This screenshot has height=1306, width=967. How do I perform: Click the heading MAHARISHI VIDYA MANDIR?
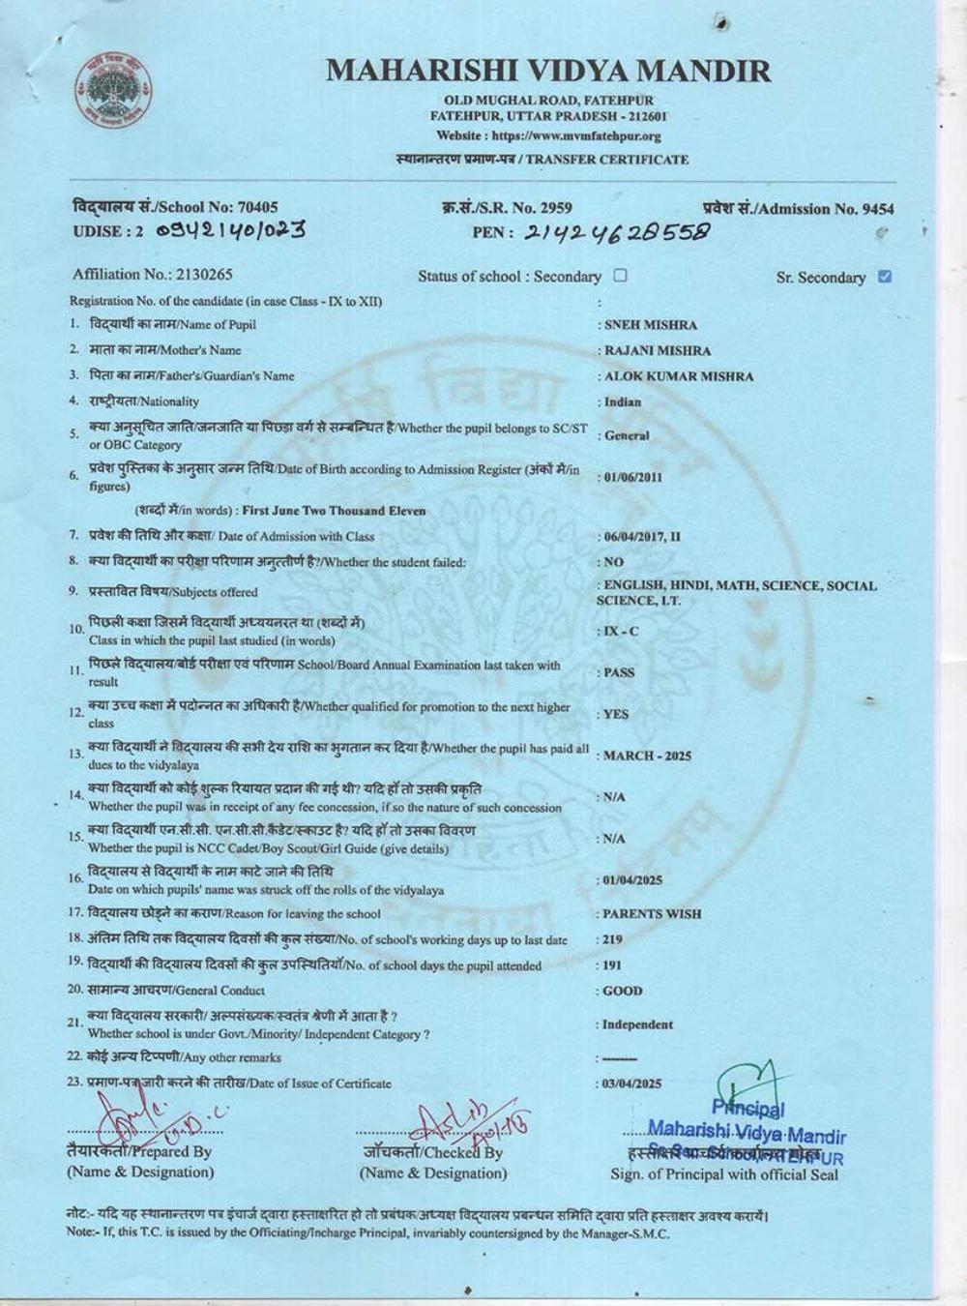click(x=548, y=71)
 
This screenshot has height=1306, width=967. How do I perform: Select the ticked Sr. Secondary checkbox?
click(x=884, y=277)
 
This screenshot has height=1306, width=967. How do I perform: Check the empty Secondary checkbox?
click(x=621, y=276)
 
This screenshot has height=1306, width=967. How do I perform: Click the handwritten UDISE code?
click(x=231, y=230)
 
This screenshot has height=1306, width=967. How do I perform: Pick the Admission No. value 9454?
click(x=878, y=208)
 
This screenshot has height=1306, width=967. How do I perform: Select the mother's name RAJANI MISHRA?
click(x=658, y=350)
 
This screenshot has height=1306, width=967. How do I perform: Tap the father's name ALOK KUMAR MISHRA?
click(x=678, y=376)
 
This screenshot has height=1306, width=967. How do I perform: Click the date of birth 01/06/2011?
click(x=634, y=477)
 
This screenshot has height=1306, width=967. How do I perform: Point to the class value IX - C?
click(x=621, y=631)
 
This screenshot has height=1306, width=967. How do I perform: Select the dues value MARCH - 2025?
click(x=647, y=756)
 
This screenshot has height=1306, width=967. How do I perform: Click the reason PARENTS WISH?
click(x=652, y=913)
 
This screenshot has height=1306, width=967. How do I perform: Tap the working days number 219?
click(x=612, y=939)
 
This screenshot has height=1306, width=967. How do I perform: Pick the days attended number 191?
click(x=612, y=965)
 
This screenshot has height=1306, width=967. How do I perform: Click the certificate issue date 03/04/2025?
click(x=632, y=1083)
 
